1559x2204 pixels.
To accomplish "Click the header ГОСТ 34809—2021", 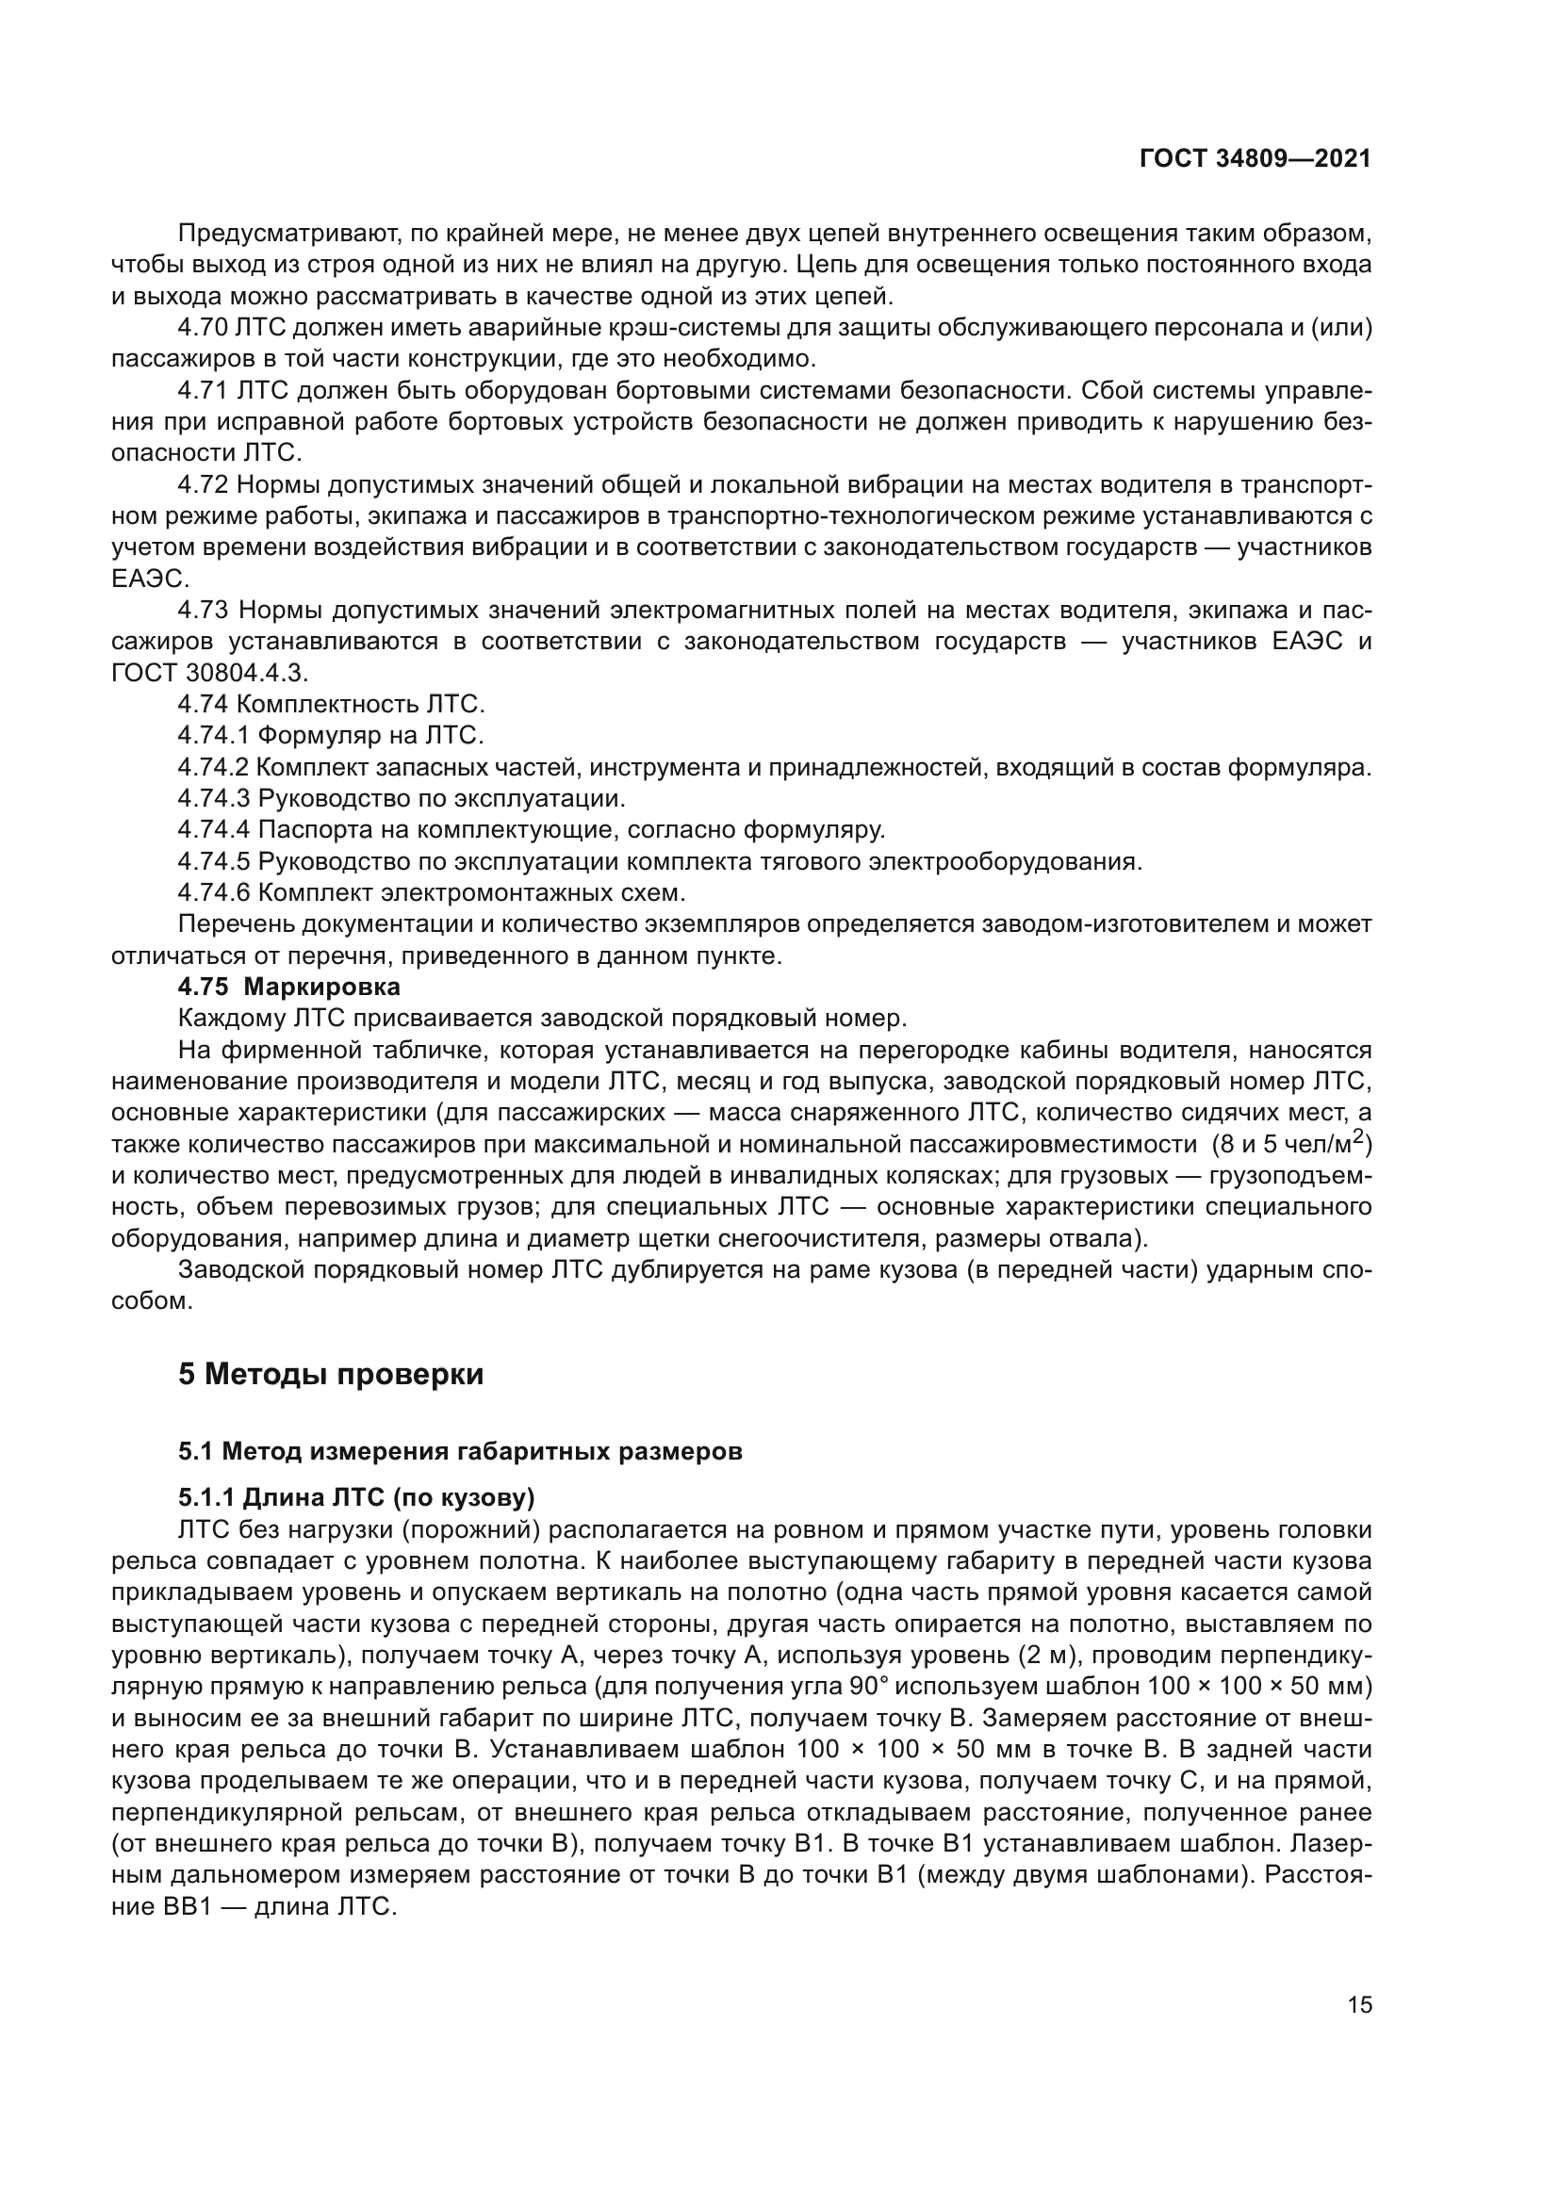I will [1255, 159].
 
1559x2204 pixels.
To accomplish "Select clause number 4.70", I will [202, 328].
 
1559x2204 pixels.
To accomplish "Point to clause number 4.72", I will [202, 484].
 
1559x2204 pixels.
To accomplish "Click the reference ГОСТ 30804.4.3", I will [209, 673].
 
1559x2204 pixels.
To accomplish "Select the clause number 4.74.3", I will [213, 799].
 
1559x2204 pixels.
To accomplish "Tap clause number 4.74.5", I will [213, 861].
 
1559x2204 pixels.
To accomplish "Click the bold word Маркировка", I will [321, 987].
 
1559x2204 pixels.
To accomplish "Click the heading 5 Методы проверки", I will [330, 1375].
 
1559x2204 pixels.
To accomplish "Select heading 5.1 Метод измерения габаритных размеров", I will [460, 1451].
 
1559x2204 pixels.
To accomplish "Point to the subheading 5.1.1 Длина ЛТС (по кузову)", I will [355, 1497].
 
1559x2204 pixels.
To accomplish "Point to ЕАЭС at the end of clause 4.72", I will [150, 579].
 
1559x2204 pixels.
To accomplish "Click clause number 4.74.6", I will [213, 892].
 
